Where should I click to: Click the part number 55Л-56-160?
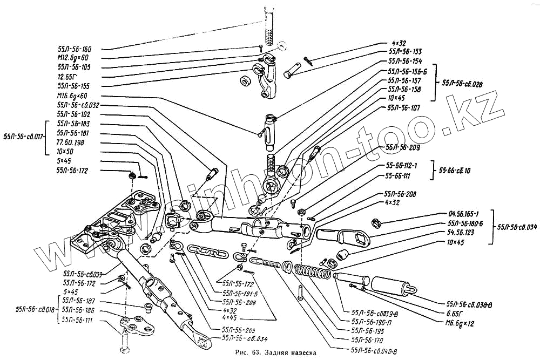point(75,49)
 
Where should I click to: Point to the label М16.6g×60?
point(75,96)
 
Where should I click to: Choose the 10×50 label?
point(65,152)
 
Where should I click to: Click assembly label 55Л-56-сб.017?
point(24,137)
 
